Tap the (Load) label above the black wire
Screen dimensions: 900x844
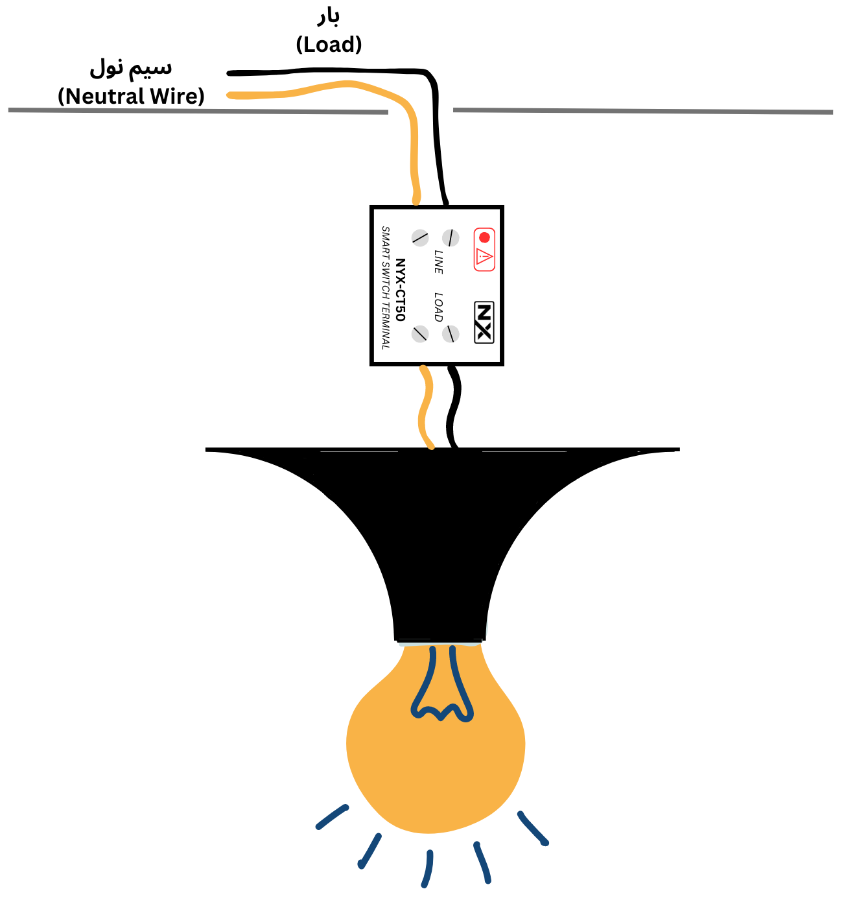coord(329,45)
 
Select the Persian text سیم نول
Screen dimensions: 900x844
coord(131,67)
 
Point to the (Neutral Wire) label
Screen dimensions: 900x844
coord(131,97)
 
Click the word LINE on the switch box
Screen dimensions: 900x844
coord(439,261)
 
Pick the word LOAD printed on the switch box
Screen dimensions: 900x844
coord(439,307)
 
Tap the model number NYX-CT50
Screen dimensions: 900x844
coord(401,289)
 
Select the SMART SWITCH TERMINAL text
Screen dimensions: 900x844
coord(386,288)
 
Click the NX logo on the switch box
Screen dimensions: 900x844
coord(484,322)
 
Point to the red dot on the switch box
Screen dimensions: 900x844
coord(484,237)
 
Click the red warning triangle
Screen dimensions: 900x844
coord(484,257)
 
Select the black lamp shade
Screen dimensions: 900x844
coord(441,519)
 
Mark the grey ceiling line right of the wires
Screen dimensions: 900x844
coord(642,111)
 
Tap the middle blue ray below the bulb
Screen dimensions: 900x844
coord(427,869)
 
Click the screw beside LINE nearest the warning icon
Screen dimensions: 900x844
coord(451,237)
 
